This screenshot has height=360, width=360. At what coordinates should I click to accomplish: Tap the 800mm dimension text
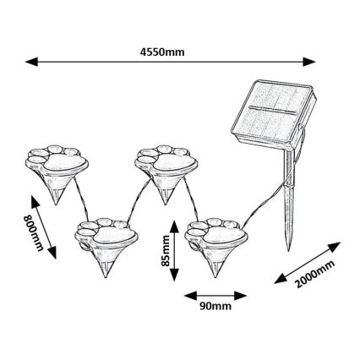tap(33, 232)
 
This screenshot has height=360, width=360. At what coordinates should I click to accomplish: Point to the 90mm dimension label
tap(215, 307)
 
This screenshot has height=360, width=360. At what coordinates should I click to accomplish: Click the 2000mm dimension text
tap(315, 274)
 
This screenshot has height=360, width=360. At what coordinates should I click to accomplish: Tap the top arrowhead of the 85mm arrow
tap(173, 224)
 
